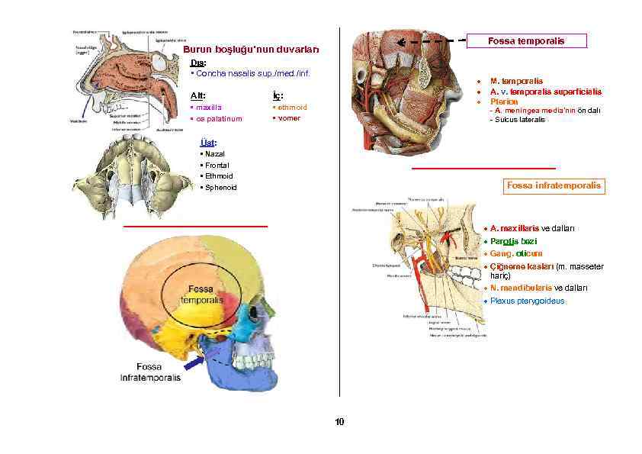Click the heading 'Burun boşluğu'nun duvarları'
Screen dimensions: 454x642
pyautogui.click(x=252, y=50)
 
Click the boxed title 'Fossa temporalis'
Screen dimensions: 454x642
pyautogui.click(x=526, y=41)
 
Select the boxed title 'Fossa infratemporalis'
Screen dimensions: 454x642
pyautogui.click(x=554, y=185)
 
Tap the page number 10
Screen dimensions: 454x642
pyautogui.click(x=339, y=422)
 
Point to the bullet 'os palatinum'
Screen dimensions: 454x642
pyautogui.click(x=218, y=119)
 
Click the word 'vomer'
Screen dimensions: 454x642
pyautogui.click(x=290, y=118)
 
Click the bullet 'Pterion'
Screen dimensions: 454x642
pyautogui.click(x=504, y=101)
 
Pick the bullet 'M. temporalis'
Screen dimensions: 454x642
pyautogui.click(x=516, y=80)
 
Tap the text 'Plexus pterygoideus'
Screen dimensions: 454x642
pyautogui.click(x=528, y=301)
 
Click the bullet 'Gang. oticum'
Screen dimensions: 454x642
pyautogui.click(x=516, y=253)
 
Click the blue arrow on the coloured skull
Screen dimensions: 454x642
pyautogui.click(x=194, y=365)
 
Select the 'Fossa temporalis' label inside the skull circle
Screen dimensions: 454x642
pyautogui.click(x=201, y=295)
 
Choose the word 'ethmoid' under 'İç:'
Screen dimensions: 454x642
pyautogui.click(x=293, y=108)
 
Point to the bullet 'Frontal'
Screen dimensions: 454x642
pyautogui.click(x=217, y=165)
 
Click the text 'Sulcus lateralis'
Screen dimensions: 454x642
pyautogui.click(x=520, y=120)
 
